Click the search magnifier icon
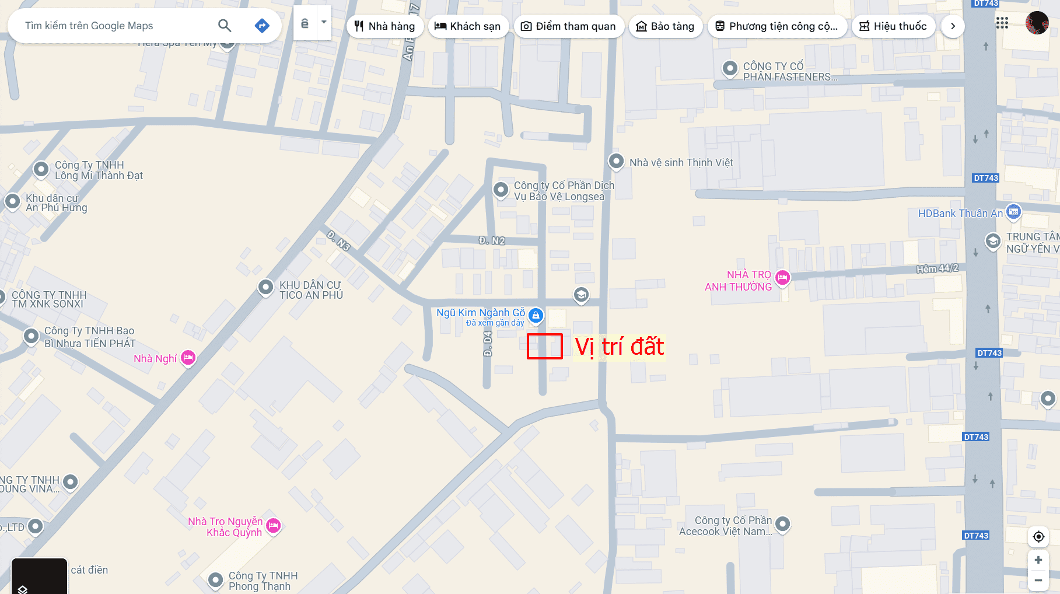225,26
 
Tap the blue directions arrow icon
262,26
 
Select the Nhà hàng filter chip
385,26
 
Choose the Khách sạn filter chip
468,26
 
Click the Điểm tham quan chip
568,26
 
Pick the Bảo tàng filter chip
665,26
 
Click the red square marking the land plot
544,346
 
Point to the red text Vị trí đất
619,347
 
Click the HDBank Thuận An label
960,214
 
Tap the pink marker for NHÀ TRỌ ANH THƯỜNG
782,278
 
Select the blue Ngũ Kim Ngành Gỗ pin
536,316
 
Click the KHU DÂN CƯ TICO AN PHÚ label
311,290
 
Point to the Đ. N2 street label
492,240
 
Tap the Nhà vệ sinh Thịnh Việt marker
616,161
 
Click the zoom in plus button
1038,560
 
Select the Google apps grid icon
1002,23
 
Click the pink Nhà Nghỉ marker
188,358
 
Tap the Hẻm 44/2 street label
937,268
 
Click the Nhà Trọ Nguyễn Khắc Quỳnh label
225,527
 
